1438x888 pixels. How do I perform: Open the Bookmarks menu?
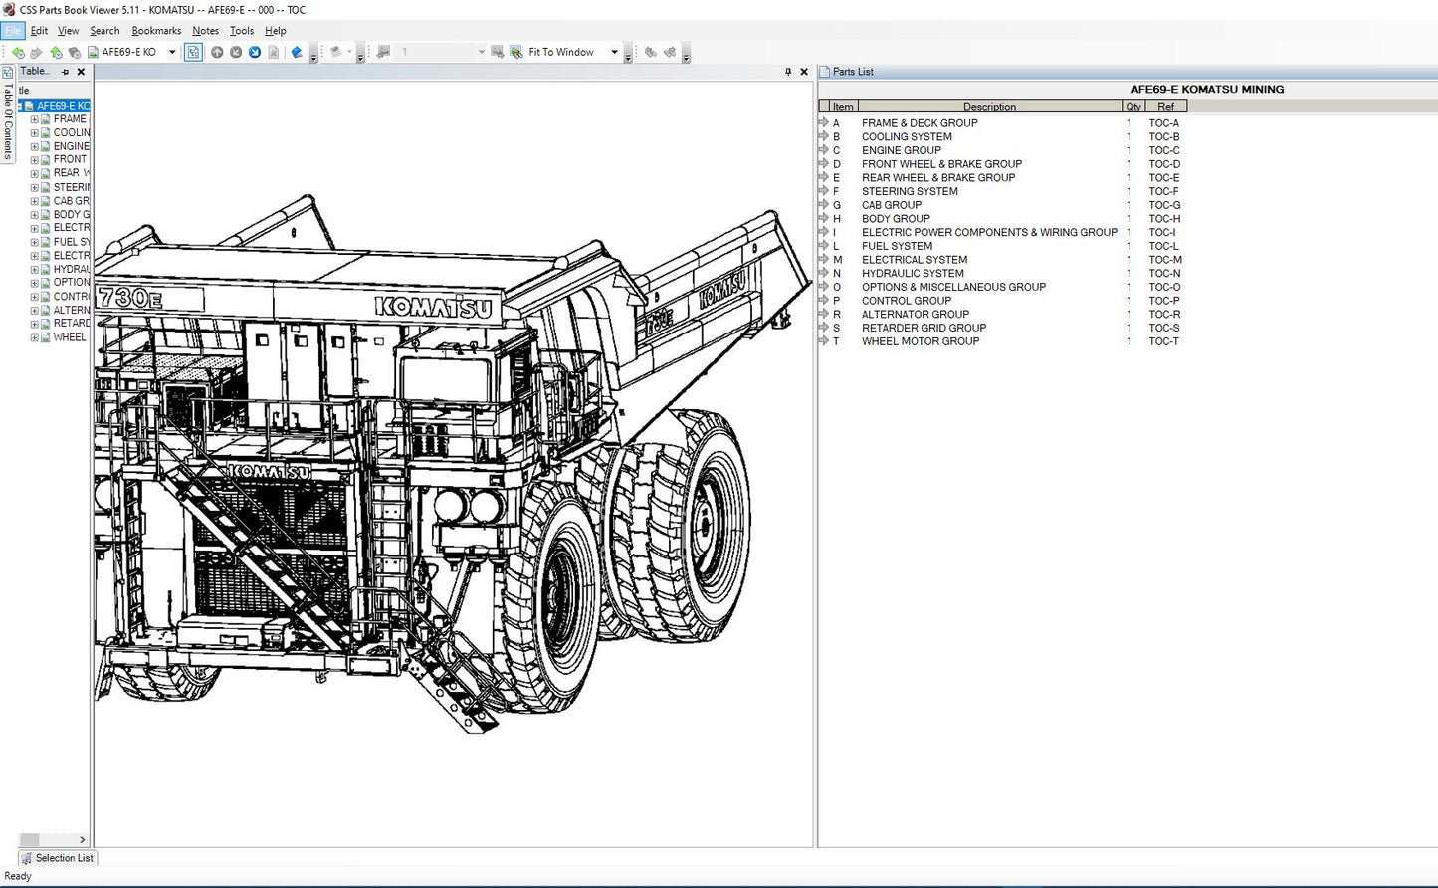[x=156, y=31]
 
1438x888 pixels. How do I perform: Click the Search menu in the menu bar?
[x=104, y=31]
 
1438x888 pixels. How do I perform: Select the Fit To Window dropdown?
[x=572, y=52]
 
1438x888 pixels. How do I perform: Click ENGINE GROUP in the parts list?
[x=901, y=151]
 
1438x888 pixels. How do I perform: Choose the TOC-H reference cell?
[x=1164, y=219]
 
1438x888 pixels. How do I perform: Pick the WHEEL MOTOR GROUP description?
[x=920, y=341]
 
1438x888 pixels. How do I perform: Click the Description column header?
[x=988, y=107]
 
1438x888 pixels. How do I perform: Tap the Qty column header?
[x=1132, y=107]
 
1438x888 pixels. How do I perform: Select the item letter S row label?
[x=836, y=328]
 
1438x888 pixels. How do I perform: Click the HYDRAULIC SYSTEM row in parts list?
[x=913, y=274]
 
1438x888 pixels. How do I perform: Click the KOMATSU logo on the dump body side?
[x=721, y=290]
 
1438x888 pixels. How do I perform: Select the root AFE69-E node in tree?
[x=62, y=106]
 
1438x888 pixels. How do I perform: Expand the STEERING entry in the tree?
[x=34, y=187]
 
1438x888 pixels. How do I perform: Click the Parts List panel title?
[x=853, y=72]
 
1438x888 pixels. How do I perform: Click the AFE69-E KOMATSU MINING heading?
[x=1206, y=90]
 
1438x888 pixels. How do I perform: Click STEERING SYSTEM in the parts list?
[x=910, y=192]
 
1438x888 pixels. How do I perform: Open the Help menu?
[x=275, y=31]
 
